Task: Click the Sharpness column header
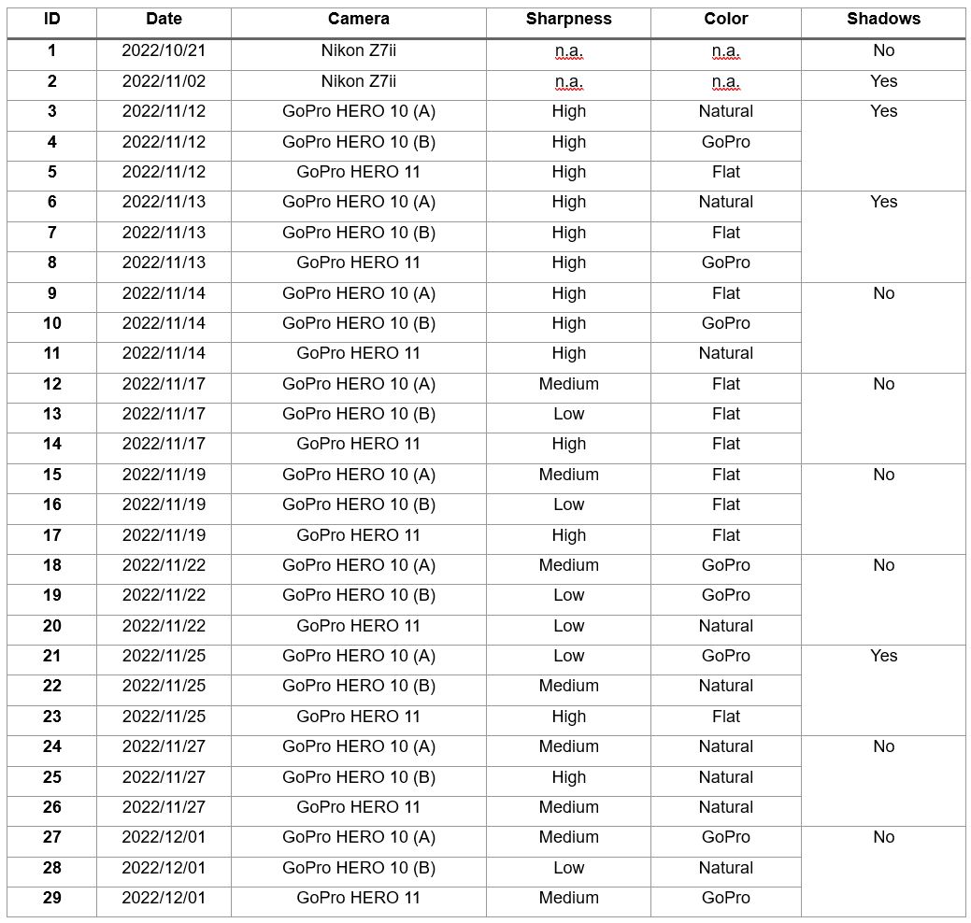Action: point(568,20)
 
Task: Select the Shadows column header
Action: point(883,20)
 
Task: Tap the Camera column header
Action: point(359,20)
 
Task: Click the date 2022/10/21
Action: point(164,51)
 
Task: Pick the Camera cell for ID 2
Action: point(359,81)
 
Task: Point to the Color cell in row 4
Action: point(725,142)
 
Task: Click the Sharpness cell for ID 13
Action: point(568,414)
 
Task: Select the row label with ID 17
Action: point(51,535)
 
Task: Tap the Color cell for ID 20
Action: point(725,626)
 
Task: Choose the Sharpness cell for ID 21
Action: point(568,656)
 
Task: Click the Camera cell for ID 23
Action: point(359,717)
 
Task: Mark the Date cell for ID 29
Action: point(164,898)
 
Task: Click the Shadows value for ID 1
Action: point(883,51)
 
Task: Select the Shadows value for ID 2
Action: point(883,81)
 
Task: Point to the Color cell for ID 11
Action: point(725,353)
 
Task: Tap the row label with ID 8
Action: point(51,263)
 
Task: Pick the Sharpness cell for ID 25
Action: point(568,777)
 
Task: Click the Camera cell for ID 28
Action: point(359,868)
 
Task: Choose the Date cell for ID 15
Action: point(164,475)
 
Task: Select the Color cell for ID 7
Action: point(725,233)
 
